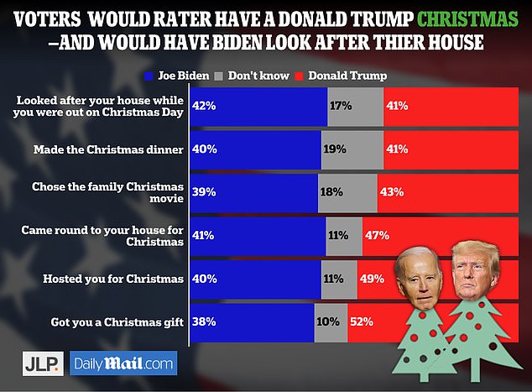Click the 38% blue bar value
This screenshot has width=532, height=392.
[204, 320]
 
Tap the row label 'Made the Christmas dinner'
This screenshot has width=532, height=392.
[109, 149]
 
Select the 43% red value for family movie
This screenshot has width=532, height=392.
[391, 192]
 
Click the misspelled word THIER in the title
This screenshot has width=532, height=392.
[420, 39]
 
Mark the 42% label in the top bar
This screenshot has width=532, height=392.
[204, 106]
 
